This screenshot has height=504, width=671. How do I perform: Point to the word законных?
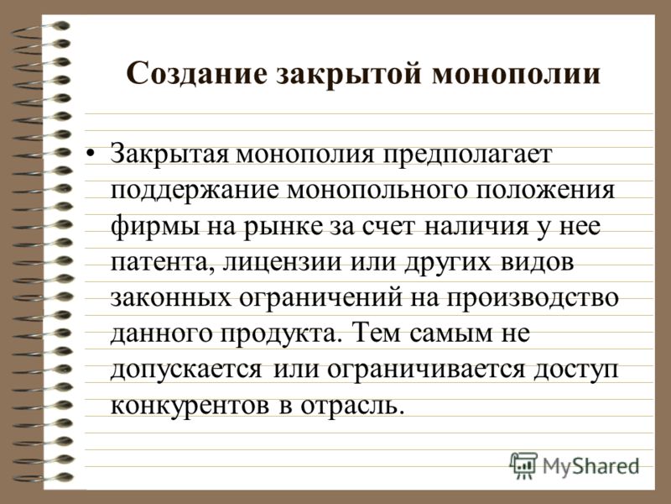pos(170,298)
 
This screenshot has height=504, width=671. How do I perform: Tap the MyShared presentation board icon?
pos(523,466)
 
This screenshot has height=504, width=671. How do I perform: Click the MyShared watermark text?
pos(590,467)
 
